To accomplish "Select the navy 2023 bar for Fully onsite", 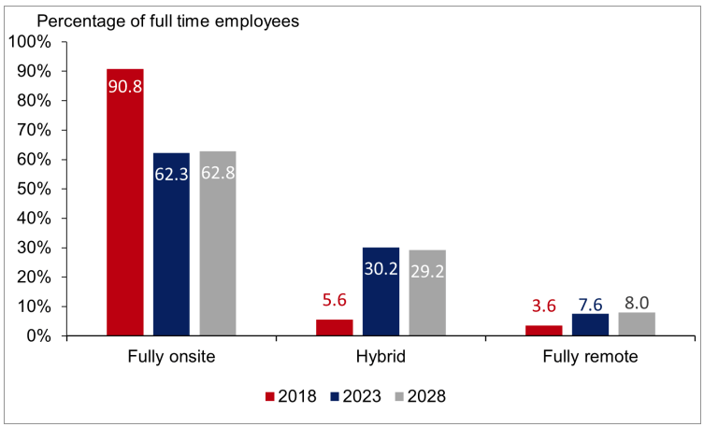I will click(x=171, y=244).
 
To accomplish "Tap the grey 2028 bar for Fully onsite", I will click(x=218, y=243).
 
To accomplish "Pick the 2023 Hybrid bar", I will click(x=381, y=291).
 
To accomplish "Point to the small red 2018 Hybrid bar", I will click(x=335, y=327).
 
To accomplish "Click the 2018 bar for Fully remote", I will click(x=544, y=330).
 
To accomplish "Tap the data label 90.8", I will click(x=125, y=88).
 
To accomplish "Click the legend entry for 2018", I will click(x=289, y=396).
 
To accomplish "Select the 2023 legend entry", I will click(x=358, y=396).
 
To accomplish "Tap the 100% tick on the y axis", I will click(x=35, y=42).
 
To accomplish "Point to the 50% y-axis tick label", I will click(x=38, y=189).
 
